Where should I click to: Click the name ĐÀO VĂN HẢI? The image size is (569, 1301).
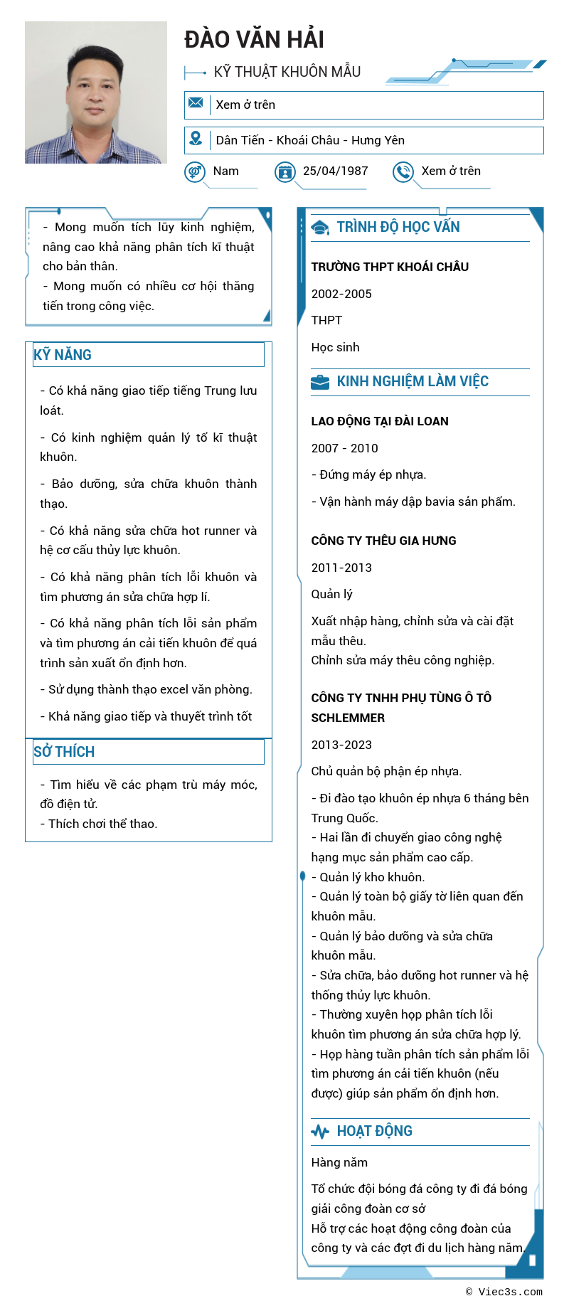pos(254,40)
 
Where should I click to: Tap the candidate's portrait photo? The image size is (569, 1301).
pos(96,92)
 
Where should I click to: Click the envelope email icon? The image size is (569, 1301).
pos(196,103)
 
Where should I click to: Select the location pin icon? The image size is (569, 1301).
pos(196,139)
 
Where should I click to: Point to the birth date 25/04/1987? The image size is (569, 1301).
pos(335,171)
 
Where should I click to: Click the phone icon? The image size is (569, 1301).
pos(403,171)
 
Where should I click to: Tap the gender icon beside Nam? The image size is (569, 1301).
pos(194,171)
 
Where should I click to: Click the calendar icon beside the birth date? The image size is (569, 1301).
pos(285,171)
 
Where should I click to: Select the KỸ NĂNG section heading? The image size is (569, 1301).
pos(63,355)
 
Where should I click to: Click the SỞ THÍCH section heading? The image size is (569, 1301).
pos(64,752)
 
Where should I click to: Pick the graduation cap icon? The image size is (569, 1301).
pos(320,228)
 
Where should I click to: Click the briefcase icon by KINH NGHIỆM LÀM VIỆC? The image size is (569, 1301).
pos(320,382)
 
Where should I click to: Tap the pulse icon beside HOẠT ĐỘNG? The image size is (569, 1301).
pos(320,1132)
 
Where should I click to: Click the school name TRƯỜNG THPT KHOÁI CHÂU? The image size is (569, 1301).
pos(390,267)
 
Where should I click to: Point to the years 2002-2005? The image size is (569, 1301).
pos(341,294)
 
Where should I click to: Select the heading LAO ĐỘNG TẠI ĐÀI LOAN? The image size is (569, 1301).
pos(380,421)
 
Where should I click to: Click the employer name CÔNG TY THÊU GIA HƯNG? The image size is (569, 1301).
pos(383,541)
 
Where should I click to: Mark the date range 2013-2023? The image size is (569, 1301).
pos(341,745)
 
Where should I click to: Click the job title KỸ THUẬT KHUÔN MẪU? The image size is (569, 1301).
pos(287,72)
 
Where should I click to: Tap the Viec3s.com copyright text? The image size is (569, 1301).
pos(504,1292)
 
